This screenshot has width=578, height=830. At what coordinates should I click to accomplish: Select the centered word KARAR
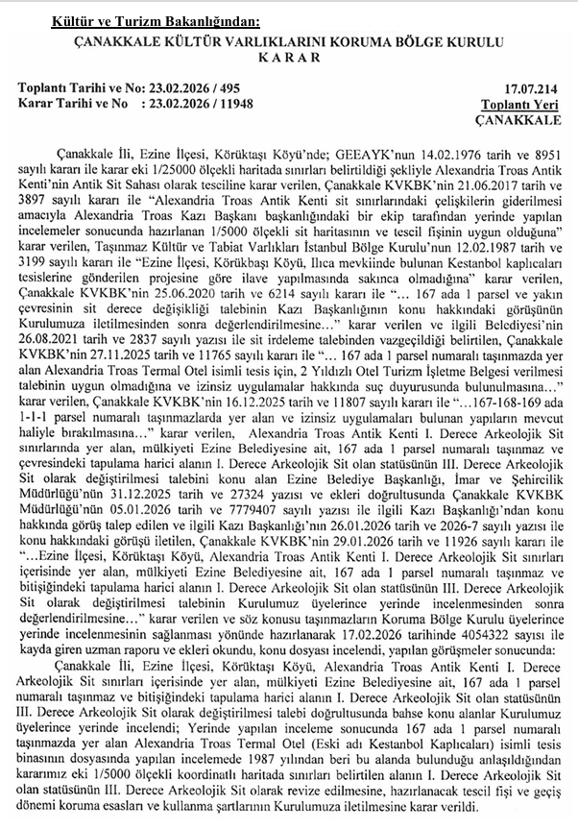click(x=288, y=58)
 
